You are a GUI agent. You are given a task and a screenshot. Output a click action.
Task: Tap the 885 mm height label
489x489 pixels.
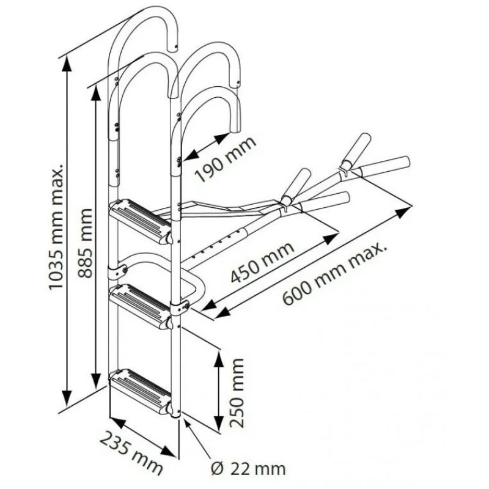85,243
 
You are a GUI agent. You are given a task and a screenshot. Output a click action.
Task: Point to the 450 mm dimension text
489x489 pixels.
262,262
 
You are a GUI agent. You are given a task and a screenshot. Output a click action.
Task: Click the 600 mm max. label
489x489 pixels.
334,274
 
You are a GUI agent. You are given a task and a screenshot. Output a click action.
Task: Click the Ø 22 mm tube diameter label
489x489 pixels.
248,468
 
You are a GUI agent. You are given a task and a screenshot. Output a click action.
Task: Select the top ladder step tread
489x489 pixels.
140,221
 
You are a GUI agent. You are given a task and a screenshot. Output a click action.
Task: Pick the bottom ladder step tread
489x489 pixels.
140,392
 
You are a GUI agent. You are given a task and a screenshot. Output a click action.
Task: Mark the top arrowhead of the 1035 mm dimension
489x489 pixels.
66,65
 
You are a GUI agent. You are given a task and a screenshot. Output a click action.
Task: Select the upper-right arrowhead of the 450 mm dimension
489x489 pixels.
330,238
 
